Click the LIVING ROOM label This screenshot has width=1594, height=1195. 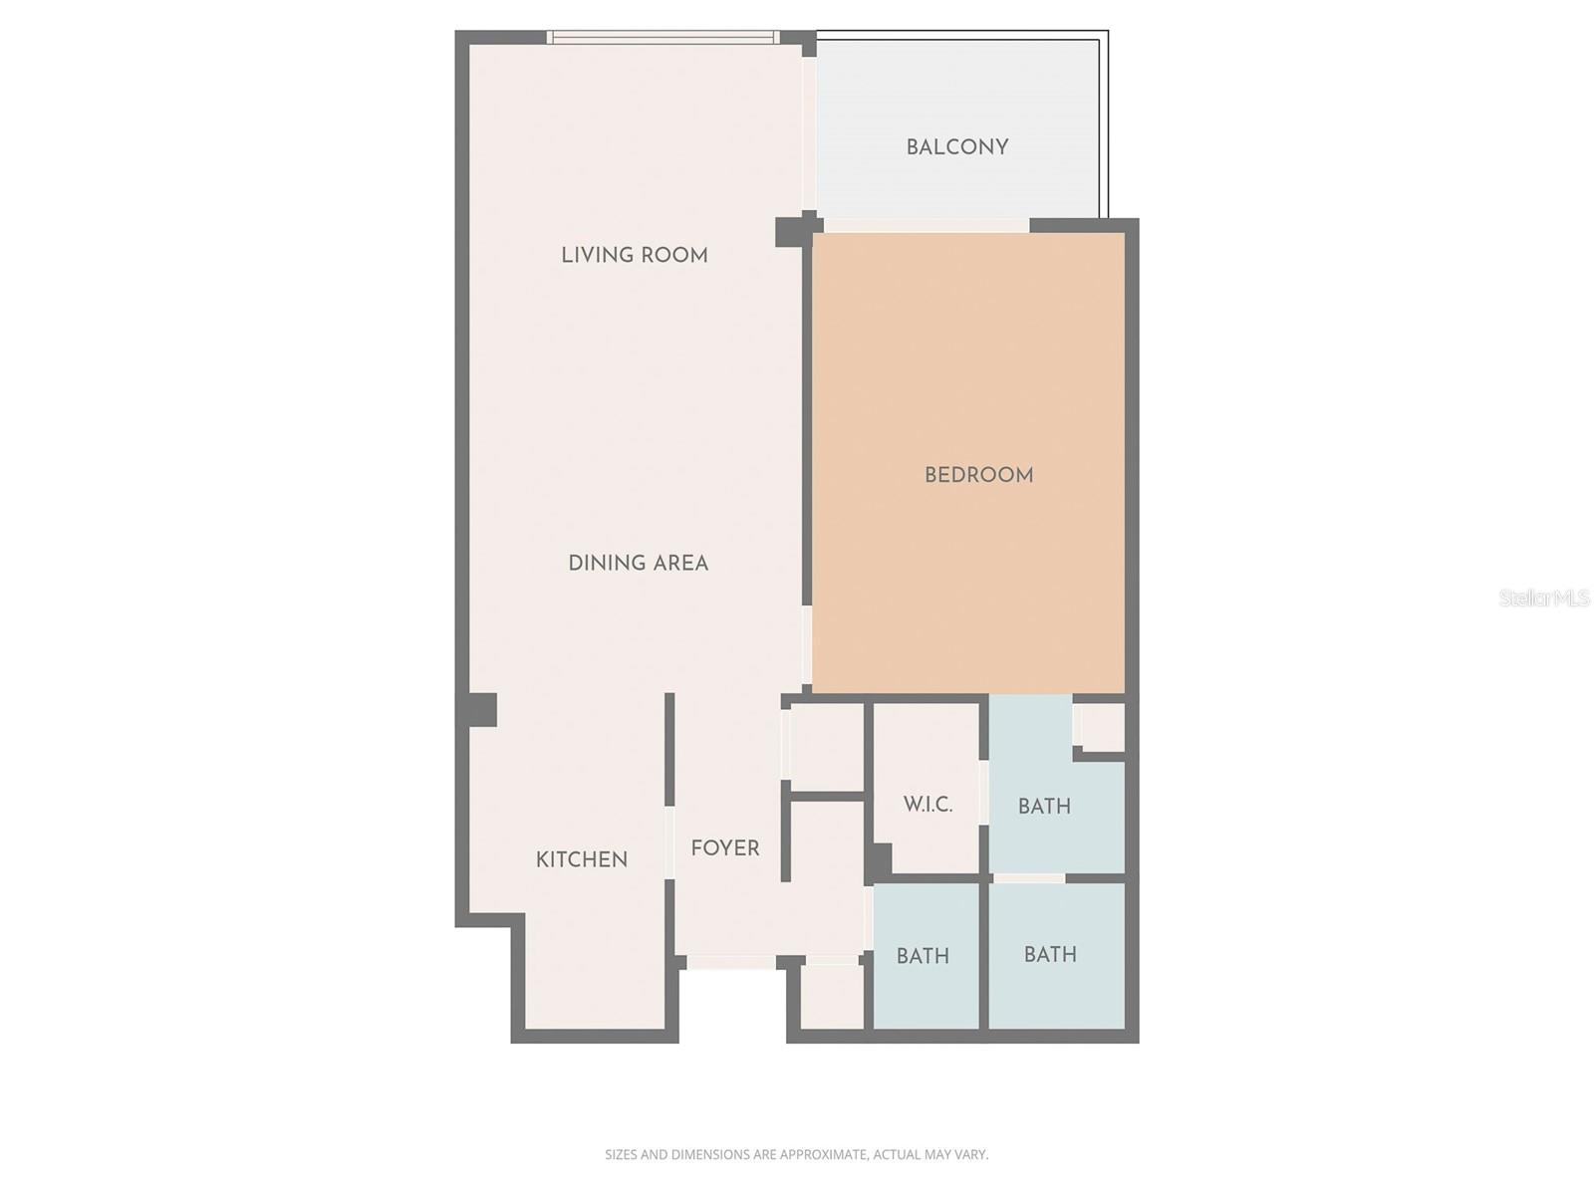634,255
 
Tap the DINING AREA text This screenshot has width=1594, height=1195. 638,564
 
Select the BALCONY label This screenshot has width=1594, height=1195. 956,147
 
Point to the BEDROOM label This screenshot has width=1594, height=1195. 978,475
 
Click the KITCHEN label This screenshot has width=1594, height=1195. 581,859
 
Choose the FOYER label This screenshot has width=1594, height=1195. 724,848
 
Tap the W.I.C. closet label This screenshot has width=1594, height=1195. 928,805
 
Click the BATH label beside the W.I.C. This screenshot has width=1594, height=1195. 1044,807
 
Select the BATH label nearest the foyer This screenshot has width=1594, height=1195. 922,956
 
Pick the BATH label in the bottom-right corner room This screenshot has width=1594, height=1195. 1050,954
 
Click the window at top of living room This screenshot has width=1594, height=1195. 663,38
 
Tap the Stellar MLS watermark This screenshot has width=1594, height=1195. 1544,598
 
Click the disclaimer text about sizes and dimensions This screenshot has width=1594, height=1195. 796,1155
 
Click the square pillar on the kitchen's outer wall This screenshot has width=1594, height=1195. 479,710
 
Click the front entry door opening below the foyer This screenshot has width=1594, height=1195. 730,962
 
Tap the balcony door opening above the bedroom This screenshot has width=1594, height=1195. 927,226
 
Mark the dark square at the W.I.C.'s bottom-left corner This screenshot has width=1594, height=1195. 879,859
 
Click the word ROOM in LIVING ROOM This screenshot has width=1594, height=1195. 674,255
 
